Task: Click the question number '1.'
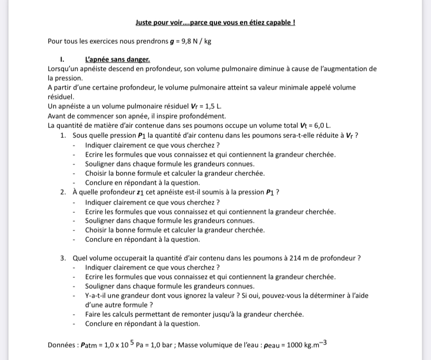tap(62, 136)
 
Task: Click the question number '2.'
tap(62, 192)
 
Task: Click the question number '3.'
tap(62, 258)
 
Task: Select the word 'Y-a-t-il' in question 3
tap(98, 295)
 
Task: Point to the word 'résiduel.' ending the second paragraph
tap(61, 97)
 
